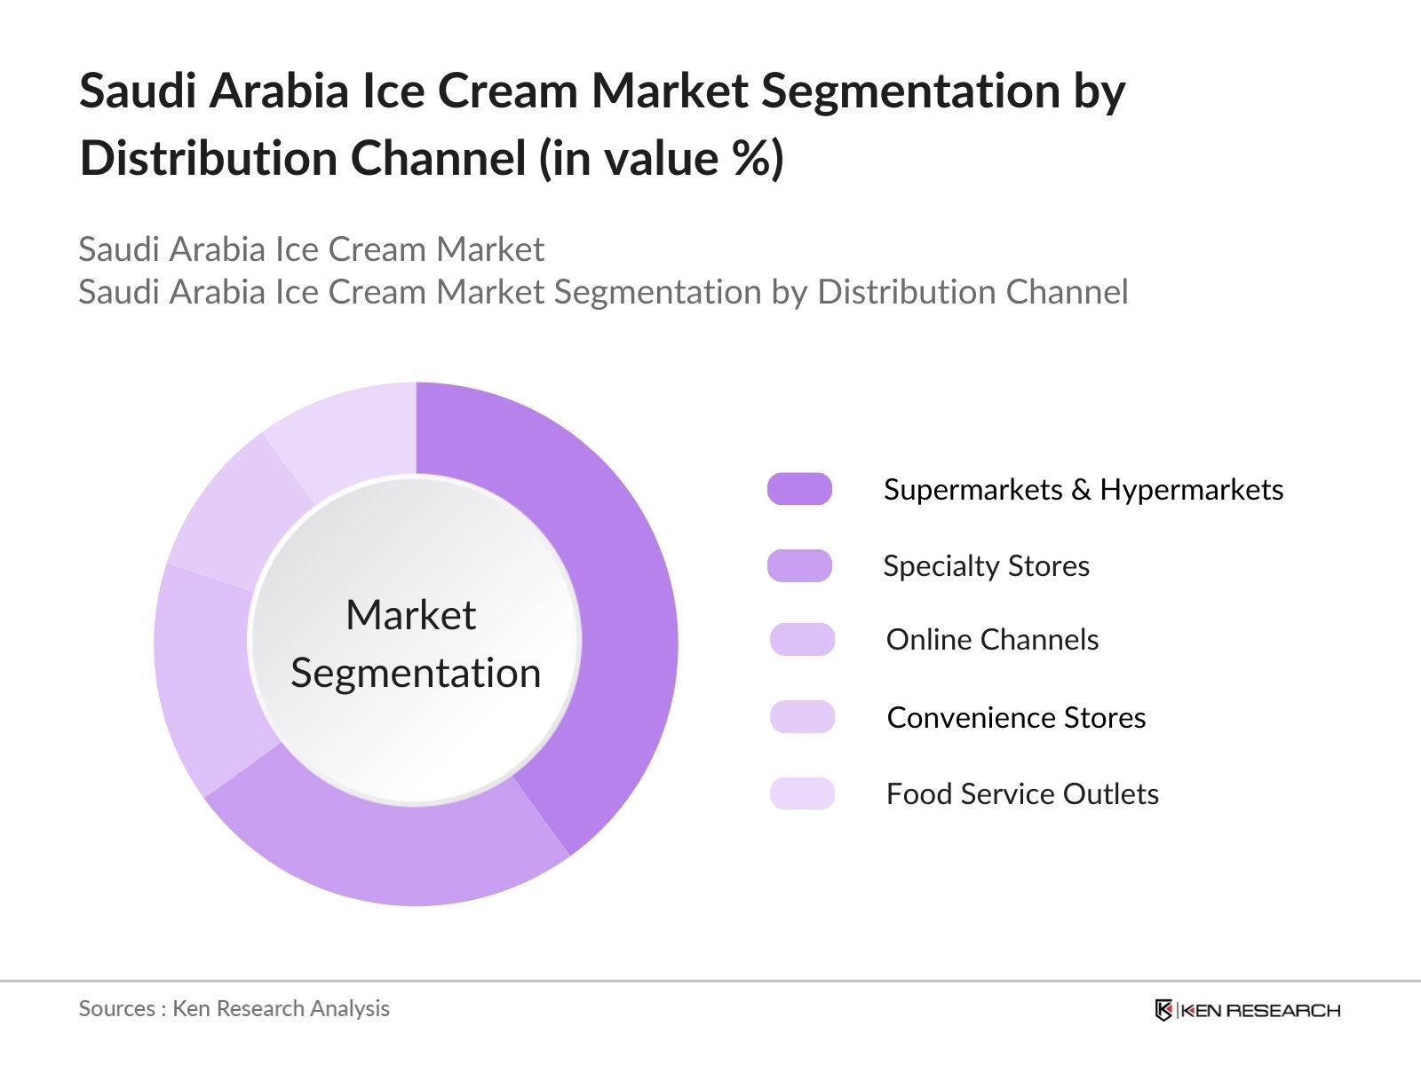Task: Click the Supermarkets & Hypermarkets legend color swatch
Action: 799,489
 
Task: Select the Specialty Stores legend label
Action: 986,566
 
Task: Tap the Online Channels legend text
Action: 992,640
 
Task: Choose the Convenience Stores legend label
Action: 1016,717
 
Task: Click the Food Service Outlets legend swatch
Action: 802,793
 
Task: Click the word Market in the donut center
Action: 410,615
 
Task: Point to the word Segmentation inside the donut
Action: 416,673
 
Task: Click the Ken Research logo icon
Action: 1163,1010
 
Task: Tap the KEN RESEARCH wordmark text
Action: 1259,1010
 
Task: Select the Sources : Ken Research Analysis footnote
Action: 234,1008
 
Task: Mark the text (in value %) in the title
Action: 662,159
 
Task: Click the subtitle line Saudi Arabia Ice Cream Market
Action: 311,249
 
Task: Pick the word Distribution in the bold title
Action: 208,159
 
